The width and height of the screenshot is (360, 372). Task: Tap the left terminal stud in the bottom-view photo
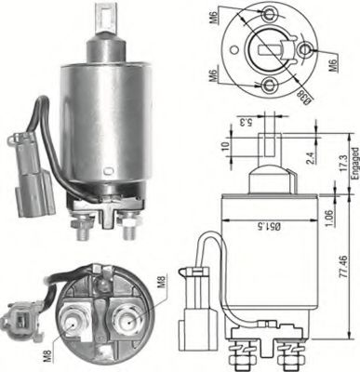pyautogui.click(x=72, y=325)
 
